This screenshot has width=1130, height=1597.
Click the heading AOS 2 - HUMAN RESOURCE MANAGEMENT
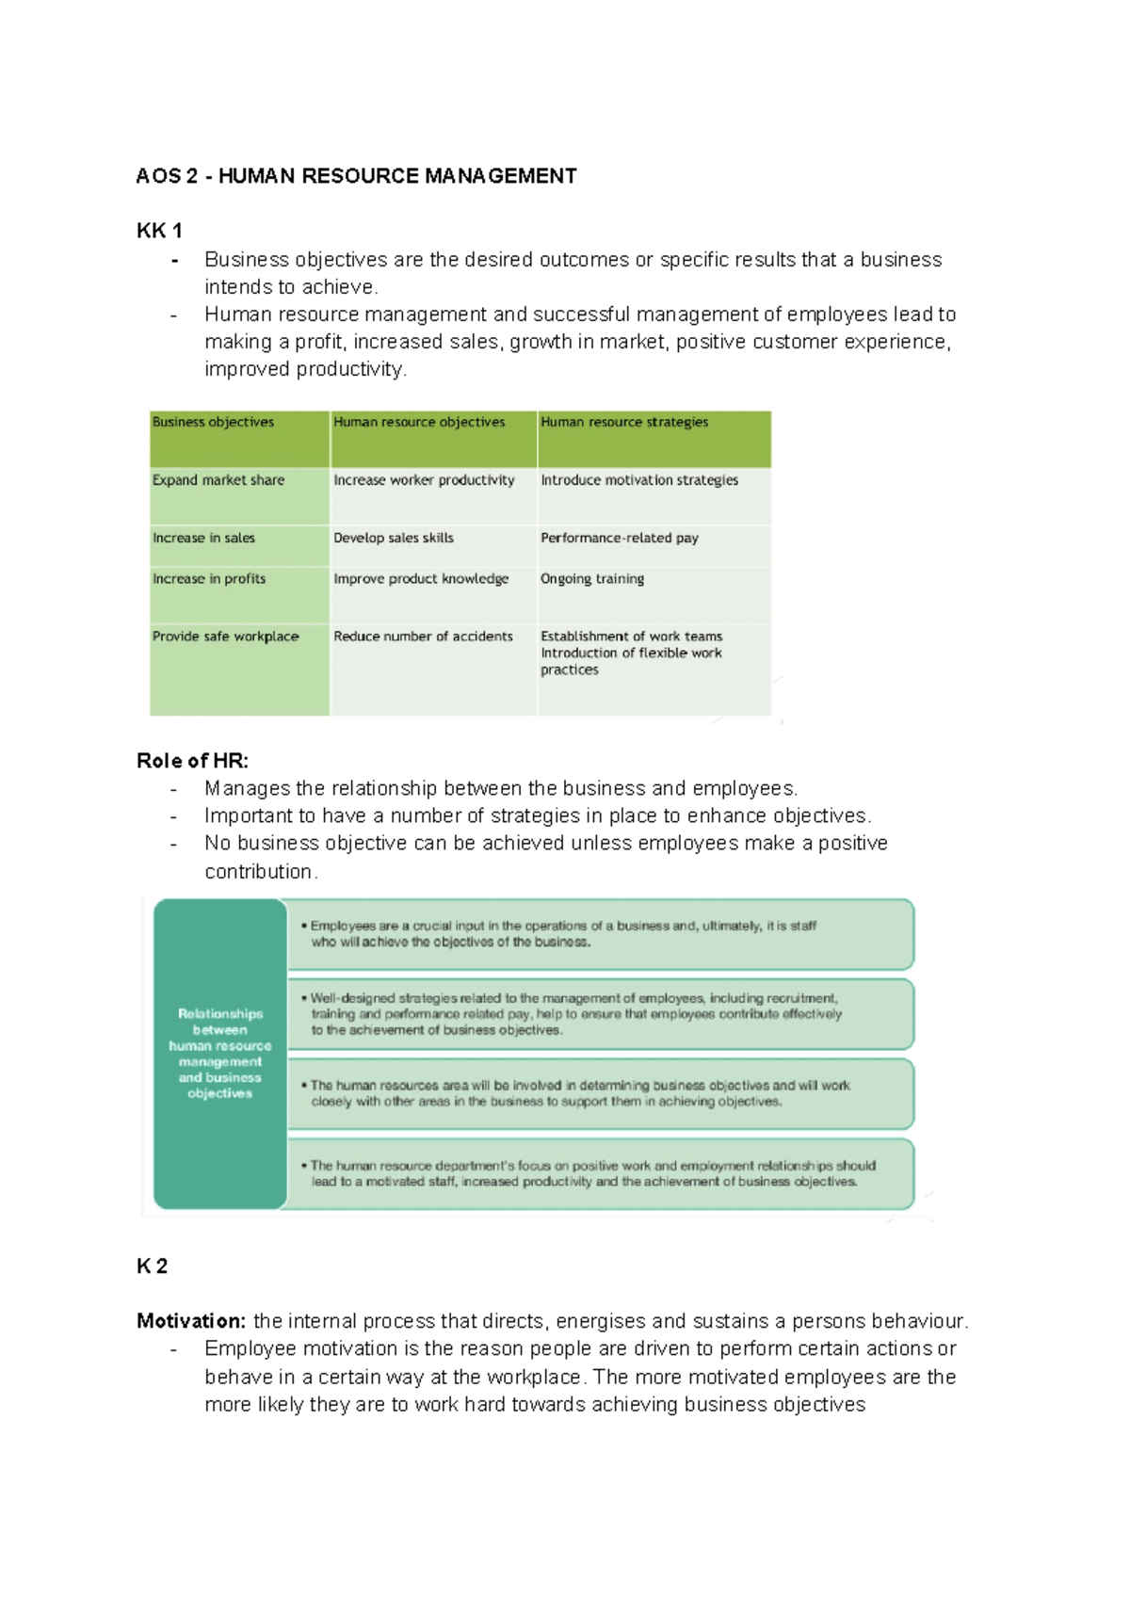[356, 176]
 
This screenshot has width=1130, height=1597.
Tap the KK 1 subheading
[159, 231]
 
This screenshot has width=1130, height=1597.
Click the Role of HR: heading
[192, 761]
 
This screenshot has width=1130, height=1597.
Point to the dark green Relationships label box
[220, 1053]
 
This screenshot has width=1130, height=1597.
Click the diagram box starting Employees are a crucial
[600, 934]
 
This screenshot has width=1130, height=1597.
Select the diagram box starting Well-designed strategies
[600, 1014]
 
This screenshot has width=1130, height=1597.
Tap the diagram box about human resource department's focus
[600, 1173]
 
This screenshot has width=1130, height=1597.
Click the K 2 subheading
[152, 1266]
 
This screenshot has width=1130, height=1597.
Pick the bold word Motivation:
[191, 1321]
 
